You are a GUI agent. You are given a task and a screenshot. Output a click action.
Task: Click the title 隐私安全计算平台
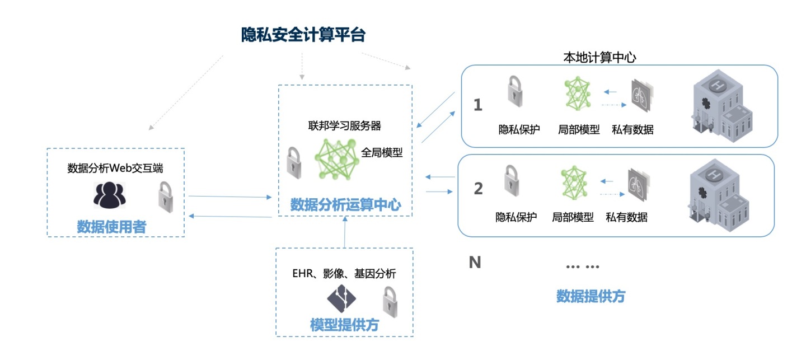coord(303,35)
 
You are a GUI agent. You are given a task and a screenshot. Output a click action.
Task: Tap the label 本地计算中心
coord(599,58)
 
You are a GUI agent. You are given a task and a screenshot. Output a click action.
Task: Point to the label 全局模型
coord(382,152)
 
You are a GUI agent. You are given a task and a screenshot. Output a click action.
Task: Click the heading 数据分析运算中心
coord(345,205)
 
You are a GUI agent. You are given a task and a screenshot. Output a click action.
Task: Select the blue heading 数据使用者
coord(111,227)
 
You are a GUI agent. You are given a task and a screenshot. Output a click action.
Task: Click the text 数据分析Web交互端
coord(115,169)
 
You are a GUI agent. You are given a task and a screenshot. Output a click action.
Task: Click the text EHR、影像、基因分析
coord(344,274)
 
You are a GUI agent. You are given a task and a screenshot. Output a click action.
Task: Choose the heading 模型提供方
coord(344,325)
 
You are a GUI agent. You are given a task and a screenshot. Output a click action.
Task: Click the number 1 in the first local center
coord(477,105)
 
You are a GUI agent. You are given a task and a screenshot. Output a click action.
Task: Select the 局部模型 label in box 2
coord(573,217)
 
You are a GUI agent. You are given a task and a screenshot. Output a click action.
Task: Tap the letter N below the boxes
coord(475,262)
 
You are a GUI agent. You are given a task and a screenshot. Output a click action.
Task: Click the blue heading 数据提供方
coord(591,296)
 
